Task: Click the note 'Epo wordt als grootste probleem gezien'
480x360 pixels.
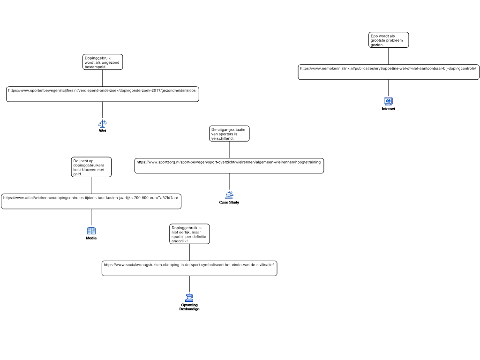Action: tap(389, 40)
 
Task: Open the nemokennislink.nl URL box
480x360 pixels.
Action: tap(389, 72)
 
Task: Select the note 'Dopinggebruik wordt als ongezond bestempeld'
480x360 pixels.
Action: tap(103, 62)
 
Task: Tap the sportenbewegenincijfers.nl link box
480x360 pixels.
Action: tap(102, 94)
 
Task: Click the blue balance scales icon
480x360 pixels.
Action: tap(103, 124)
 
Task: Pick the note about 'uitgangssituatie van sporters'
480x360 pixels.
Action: tap(229, 134)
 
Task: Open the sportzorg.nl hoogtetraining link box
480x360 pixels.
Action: tap(229, 165)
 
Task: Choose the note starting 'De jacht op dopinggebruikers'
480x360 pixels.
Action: tap(91, 167)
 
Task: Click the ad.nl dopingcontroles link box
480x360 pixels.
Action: tap(91, 201)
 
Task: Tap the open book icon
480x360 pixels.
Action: tap(91, 231)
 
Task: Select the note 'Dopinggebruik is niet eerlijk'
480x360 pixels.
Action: tap(189, 234)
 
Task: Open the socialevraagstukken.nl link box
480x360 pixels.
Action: tap(189, 268)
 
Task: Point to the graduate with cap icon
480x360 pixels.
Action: tap(189, 298)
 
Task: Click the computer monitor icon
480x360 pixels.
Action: tap(388, 101)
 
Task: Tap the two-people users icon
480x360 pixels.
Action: tap(229, 195)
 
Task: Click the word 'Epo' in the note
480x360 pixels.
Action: tap(374, 36)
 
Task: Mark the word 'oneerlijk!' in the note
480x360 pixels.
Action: tap(180, 241)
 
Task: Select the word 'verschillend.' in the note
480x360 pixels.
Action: tap(223, 138)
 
